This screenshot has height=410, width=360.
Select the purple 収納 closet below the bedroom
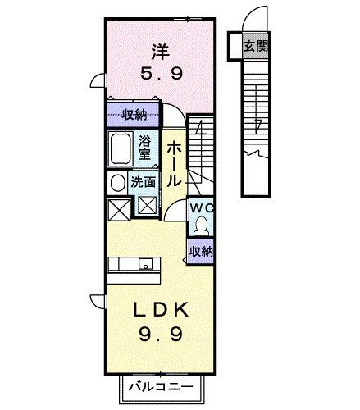pyautogui.click(x=131, y=115)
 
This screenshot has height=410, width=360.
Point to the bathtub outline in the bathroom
pyautogui.click(x=122, y=150)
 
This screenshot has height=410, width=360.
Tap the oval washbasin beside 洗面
pyautogui.click(x=117, y=182)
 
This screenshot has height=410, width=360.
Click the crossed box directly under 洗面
pyautogui.click(x=148, y=206)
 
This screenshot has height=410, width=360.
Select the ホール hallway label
pyautogui.click(x=173, y=163)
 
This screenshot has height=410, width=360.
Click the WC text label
pyautogui.click(x=201, y=208)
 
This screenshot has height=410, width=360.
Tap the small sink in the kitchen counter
pyautogui.click(x=144, y=263)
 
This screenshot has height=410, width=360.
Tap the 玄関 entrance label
pyautogui.click(x=254, y=46)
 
